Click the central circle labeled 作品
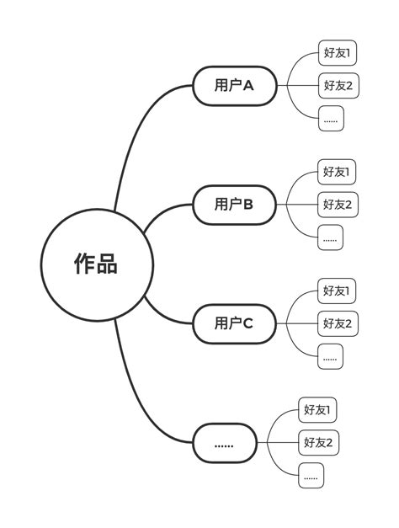pyautogui.click(x=97, y=264)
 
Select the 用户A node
pyautogui.click(x=234, y=85)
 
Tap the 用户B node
pyautogui.click(x=234, y=204)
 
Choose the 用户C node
pyautogui.click(x=234, y=323)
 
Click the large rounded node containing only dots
pyautogui.click(x=224, y=443)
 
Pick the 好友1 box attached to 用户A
pyautogui.click(x=338, y=53)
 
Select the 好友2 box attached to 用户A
pyautogui.click(x=338, y=85)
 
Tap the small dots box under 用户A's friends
pyautogui.click(x=331, y=119)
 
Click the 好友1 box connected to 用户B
pyautogui.click(x=338, y=172)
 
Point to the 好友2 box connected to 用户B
pyautogui.click(x=338, y=204)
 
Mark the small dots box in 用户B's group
pyautogui.click(x=331, y=237)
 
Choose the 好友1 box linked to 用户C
pyautogui.click(x=338, y=291)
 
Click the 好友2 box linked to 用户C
pyautogui.click(x=338, y=323)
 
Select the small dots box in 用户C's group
pyautogui.click(x=331, y=356)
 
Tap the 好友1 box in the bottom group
pyautogui.click(x=318, y=410)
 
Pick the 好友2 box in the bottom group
pyautogui.click(x=318, y=442)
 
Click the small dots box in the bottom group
pyautogui.click(x=311, y=476)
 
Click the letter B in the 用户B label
pyautogui.click(x=248, y=204)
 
